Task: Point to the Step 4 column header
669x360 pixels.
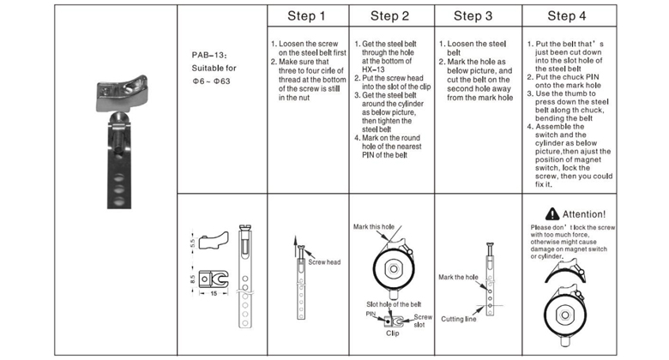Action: coord(567,16)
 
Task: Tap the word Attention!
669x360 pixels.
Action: coord(583,213)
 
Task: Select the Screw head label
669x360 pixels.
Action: coord(326,262)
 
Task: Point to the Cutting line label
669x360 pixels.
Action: coord(459,318)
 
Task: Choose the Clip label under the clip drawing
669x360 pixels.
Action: coord(392,333)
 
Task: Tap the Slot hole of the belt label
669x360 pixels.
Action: coord(394,304)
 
